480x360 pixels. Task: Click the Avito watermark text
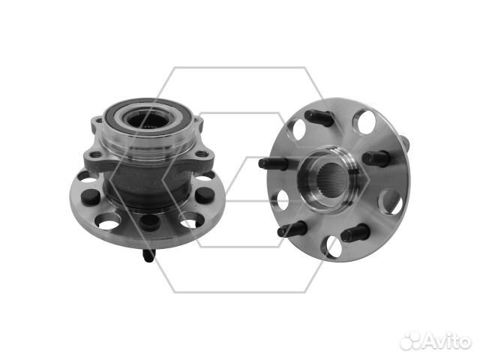point(448,340)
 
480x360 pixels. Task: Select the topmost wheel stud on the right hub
point(318,117)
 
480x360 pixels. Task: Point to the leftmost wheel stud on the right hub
point(273,163)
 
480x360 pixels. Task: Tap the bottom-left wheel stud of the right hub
point(292,229)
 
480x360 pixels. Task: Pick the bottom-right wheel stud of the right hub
point(355,232)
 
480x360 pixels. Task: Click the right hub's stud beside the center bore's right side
point(376,158)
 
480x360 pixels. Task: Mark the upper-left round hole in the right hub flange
point(295,129)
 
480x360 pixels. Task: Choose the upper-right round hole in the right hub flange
point(364,121)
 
